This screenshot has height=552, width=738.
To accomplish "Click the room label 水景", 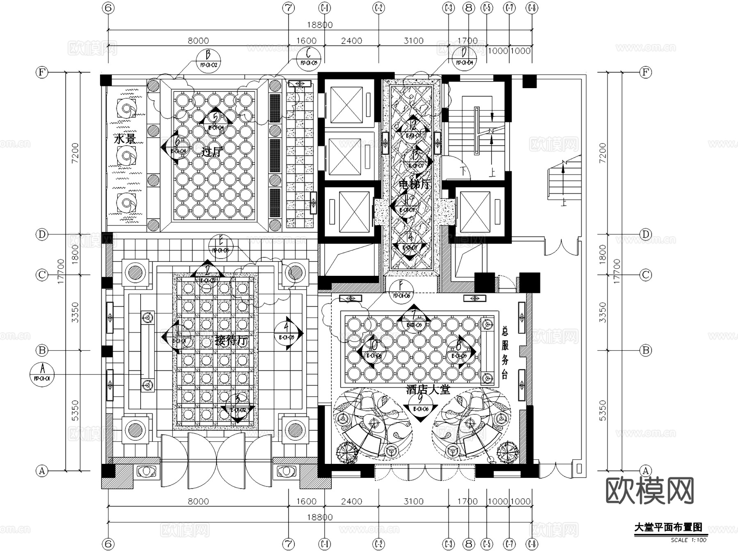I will click(125, 139).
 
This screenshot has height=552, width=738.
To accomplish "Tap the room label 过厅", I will click(212, 152).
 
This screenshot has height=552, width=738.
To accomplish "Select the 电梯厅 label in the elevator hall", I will click(414, 184).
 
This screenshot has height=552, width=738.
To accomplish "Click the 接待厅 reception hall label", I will click(231, 341).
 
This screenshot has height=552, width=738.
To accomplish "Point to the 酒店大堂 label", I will click(428, 389).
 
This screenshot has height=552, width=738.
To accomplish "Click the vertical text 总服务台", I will click(505, 352).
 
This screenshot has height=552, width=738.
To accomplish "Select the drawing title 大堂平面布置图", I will click(668, 527).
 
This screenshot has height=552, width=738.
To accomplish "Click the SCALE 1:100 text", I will click(688, 540).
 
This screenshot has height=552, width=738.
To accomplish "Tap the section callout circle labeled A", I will click(42, 374).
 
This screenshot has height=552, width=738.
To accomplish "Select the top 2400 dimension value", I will click(351, 41).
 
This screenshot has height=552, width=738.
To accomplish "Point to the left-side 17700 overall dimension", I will click(61, 271).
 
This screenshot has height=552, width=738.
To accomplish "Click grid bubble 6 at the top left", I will click(108, 8).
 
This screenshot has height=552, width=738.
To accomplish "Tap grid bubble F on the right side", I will click(645, 73).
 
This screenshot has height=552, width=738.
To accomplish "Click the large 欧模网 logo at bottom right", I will click(649, 490).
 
